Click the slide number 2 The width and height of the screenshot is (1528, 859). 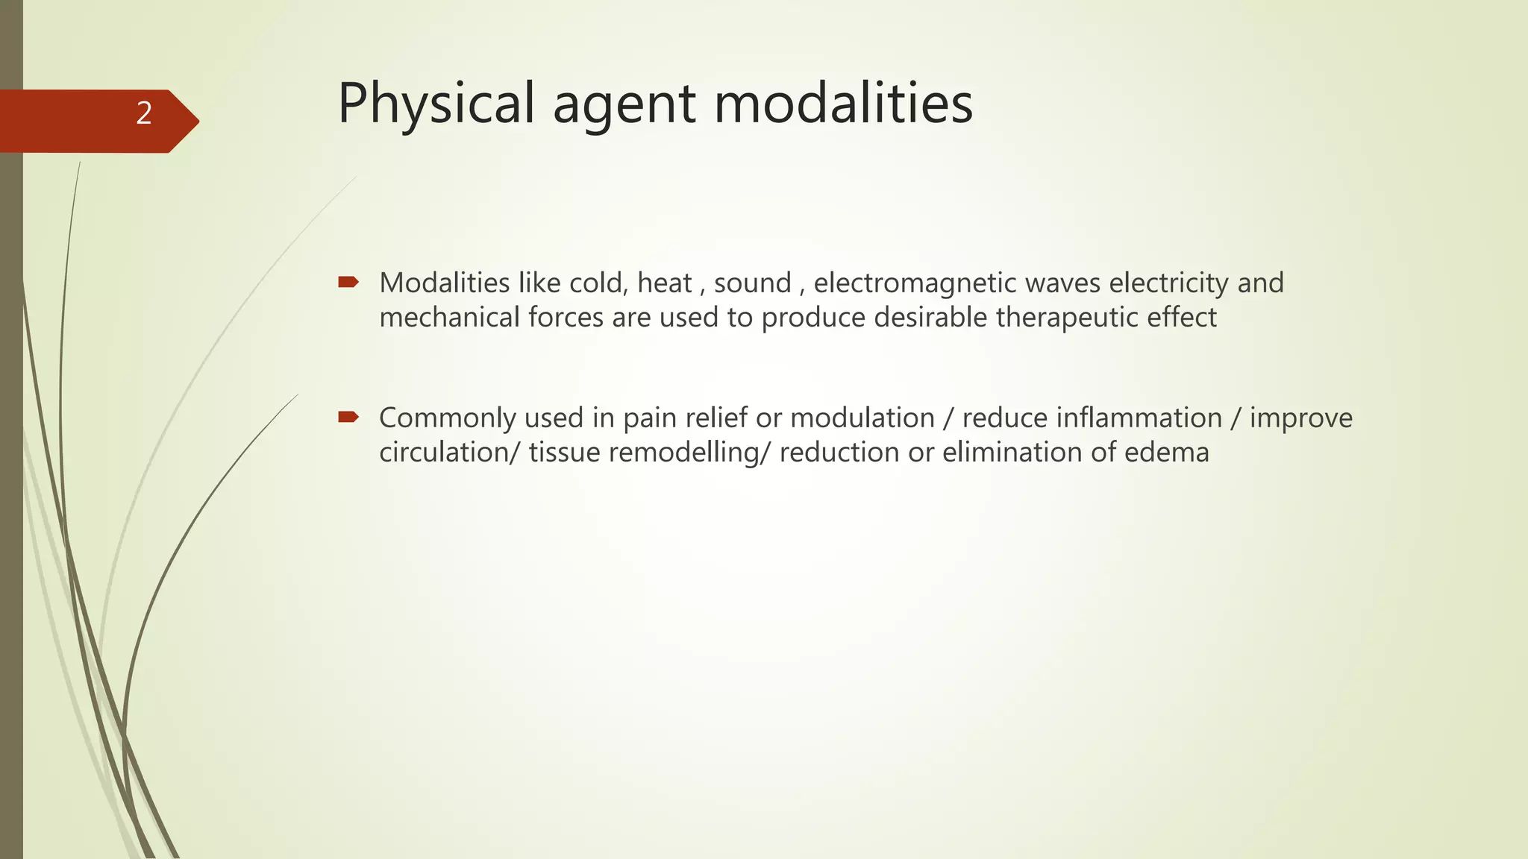click(144, 113)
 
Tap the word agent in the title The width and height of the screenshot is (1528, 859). click(624, 104)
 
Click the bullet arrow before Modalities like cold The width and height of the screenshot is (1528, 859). click(348, 282)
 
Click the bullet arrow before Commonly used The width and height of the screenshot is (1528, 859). click(348, 417)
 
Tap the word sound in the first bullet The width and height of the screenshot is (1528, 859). click(752, 283)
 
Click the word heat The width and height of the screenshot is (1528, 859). click(664, 283)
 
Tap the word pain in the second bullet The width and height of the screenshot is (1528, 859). click(648, 418)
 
